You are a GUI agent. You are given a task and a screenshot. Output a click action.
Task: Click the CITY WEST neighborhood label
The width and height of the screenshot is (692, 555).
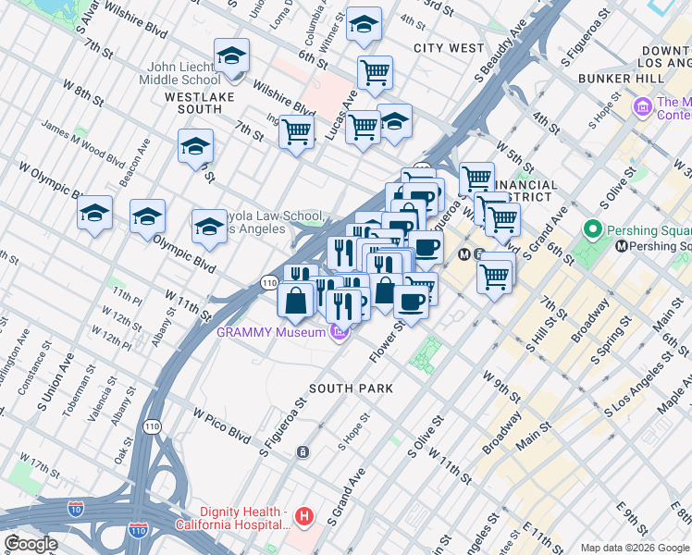tap(449, 47)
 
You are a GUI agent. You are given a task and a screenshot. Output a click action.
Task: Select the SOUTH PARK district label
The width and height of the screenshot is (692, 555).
tap(351, 388)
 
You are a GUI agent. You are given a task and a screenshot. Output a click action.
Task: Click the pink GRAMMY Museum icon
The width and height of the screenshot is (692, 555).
tap(340, 332)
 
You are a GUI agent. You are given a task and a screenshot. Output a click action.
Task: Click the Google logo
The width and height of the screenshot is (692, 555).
tap(31, 544)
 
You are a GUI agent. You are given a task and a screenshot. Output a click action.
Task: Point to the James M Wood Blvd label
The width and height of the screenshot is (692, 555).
tap(82, 143)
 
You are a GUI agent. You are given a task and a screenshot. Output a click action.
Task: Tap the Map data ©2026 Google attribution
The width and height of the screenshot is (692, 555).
tap(636, 548)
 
